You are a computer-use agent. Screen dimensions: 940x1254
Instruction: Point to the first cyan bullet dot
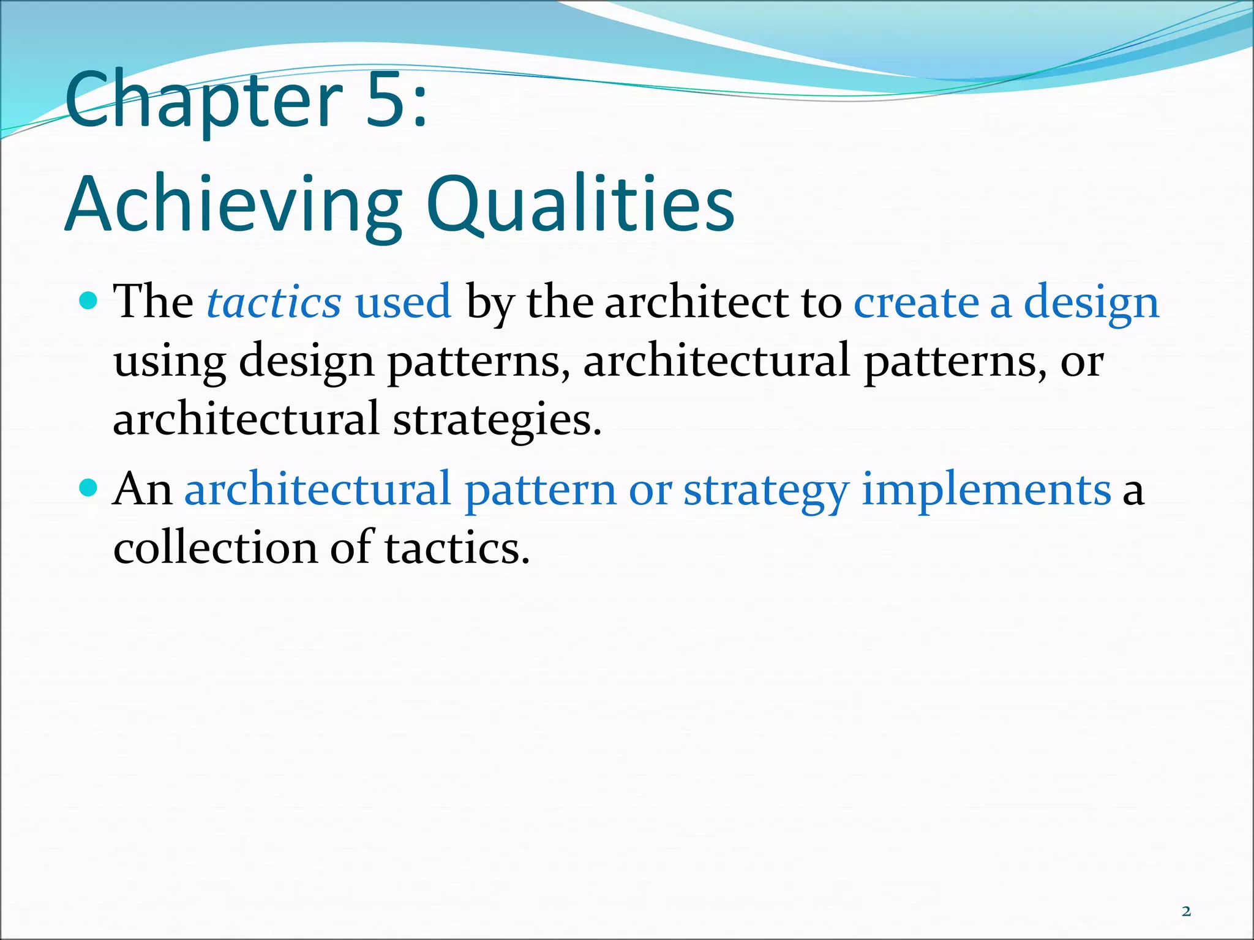pyautogui.click(x=89, y=300)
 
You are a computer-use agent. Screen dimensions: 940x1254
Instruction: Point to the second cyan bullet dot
pyautogui.click(x=89, y=488)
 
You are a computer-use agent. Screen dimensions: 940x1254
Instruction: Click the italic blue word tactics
pyautogui.click(x=274, y=302)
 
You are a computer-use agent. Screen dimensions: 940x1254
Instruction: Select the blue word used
pyautogui.click(x=403, y=302)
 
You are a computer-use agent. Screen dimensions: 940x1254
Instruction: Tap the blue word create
pyautogui.click(x=915, y=302)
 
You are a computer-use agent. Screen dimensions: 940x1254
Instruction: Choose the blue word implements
pyautogui.click(x=986, y=490)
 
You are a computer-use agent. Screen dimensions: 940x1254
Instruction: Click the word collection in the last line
pyautogui.click(x=214, y=547)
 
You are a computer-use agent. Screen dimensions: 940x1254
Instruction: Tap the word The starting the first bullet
pyautogui.click(x=153, y=302)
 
